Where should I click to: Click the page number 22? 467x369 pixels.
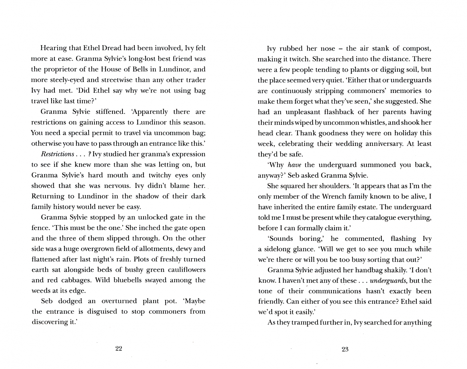click(119, 349)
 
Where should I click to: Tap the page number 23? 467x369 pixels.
click(345, 349)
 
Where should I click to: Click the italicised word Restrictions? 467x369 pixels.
click(57, 154)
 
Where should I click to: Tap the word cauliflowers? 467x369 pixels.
click(185, 270)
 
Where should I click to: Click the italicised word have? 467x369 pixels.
click(294, 165)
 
